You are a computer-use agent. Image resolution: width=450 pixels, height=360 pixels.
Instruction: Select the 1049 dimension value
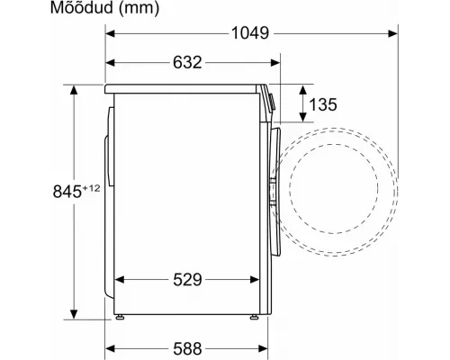coord(247,34)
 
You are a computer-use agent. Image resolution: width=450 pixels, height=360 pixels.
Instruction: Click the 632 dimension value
coord(186,62)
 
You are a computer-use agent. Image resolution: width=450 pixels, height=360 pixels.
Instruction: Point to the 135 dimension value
coord(322,104)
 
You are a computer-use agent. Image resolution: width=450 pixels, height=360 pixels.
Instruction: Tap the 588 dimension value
coord(186,347)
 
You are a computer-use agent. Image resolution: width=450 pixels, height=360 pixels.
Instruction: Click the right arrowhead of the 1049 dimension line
coord(397,34)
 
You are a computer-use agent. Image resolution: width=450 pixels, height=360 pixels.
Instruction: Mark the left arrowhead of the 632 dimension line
coord(111,62)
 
